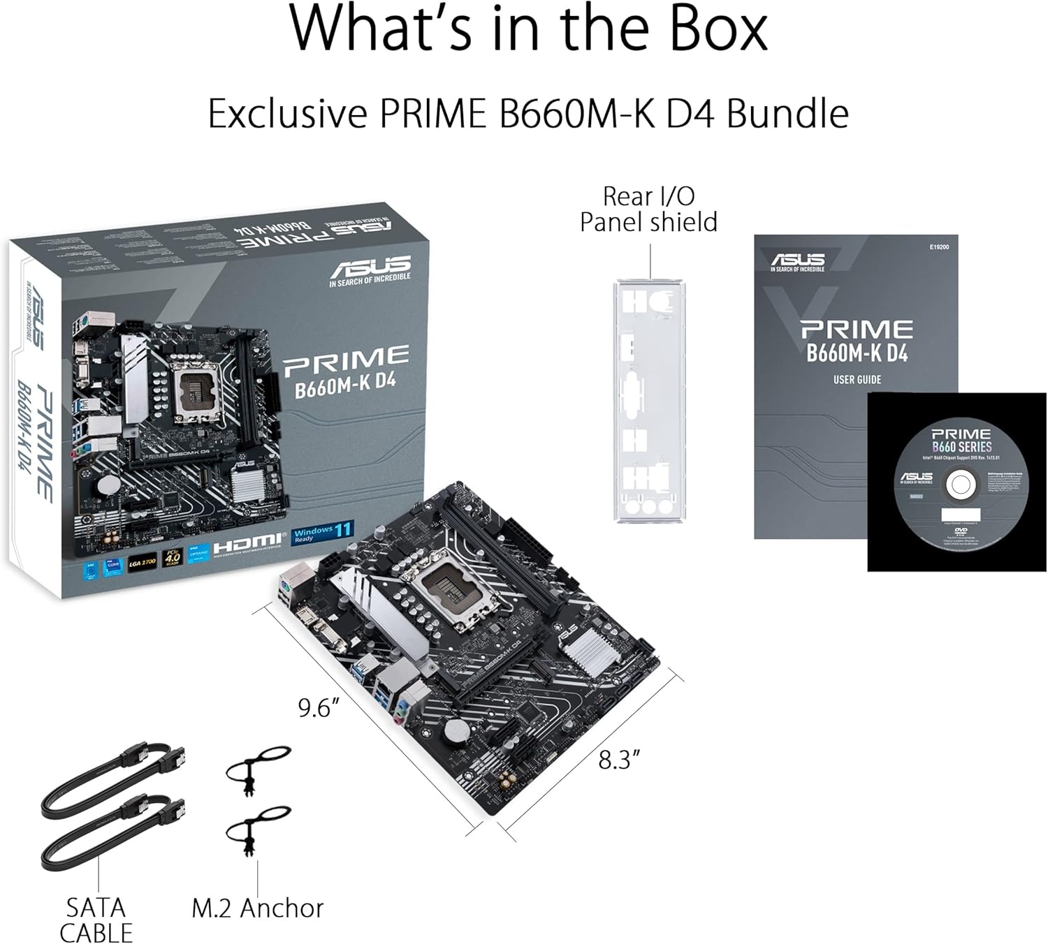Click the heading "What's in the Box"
point(528,29)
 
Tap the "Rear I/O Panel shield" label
point(648,209)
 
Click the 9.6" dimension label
point(319,708)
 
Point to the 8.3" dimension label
point(619,760)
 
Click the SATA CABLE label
point(96,920)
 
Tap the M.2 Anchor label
point(257,908)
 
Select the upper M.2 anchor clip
point(256,767)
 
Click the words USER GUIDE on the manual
point(857,380)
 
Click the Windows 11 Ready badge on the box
point(323,533)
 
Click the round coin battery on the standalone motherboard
point(457,731)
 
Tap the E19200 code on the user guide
point(939,247)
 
